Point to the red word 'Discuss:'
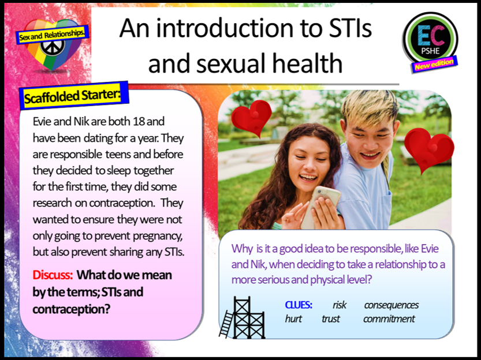pos(53,275)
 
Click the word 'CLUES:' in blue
pos(299,305)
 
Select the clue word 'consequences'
pos(391,305)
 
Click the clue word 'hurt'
pos(293,318)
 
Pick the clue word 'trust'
pos(330,318)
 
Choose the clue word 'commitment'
pos(389,318)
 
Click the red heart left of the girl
pos(251,118)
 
